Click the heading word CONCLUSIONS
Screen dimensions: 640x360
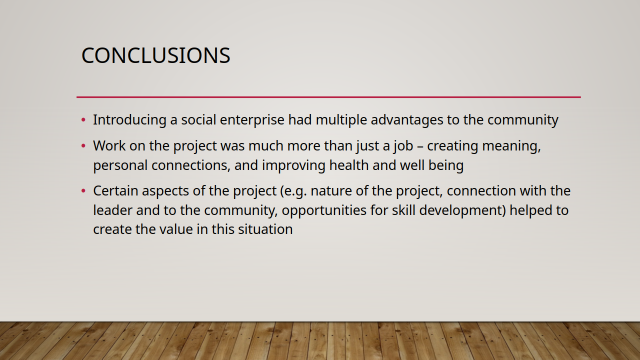click(x=155, y=55)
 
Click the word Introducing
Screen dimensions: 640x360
click(x=129, y=120)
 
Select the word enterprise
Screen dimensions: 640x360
click(x=252, y=120)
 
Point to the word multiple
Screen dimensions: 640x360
click(x=341, y=120)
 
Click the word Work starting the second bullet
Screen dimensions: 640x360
click(x=109, y=145)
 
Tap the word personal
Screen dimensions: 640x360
click(x=120, y=165)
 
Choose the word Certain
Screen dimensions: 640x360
click(x=115, y=191)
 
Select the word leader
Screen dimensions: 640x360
click(x=112, y=210)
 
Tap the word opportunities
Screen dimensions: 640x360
click(x=324, y=211)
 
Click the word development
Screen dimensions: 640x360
click(x=460, y=211)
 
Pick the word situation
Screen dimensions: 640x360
click(x=265, y=229)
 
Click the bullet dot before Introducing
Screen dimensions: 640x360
click(x=83, y=119)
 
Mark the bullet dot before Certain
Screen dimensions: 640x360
click(x=83, y=190)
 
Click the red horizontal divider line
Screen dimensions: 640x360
click(x=328, y=97)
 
